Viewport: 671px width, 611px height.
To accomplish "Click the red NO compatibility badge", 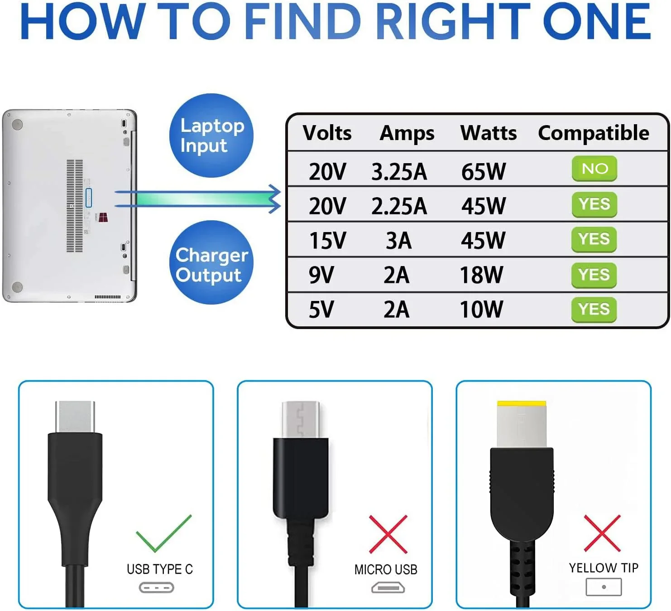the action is coord(594,169).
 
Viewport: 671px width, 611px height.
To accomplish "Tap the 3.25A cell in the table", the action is coord(399,172).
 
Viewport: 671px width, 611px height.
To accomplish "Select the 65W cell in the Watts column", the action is coord(483,172).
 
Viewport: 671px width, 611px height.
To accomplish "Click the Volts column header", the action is coord(327,133).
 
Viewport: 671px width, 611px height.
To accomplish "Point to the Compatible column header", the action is coord(593,133).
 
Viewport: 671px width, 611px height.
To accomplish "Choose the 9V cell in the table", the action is coord(321,275).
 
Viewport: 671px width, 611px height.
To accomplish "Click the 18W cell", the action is coord(481,275).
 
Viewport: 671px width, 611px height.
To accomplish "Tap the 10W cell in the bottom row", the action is coord(481,310).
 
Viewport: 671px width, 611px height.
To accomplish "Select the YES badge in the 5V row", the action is coord(594,310).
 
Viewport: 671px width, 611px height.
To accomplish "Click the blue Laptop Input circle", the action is coord(211,135).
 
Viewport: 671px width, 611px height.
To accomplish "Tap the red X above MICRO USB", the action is coord(388,534).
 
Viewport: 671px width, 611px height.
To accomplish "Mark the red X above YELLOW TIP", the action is coord(602,533).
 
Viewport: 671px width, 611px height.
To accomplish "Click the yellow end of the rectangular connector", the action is coord(521,404).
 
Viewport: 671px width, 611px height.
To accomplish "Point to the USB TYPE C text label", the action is coord(159,569).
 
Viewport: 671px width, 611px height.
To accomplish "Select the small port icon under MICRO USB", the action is coord(388,588).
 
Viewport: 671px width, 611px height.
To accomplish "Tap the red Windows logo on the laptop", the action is coord(104,217).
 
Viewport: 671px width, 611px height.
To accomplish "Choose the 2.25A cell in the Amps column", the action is coord(399,206).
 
